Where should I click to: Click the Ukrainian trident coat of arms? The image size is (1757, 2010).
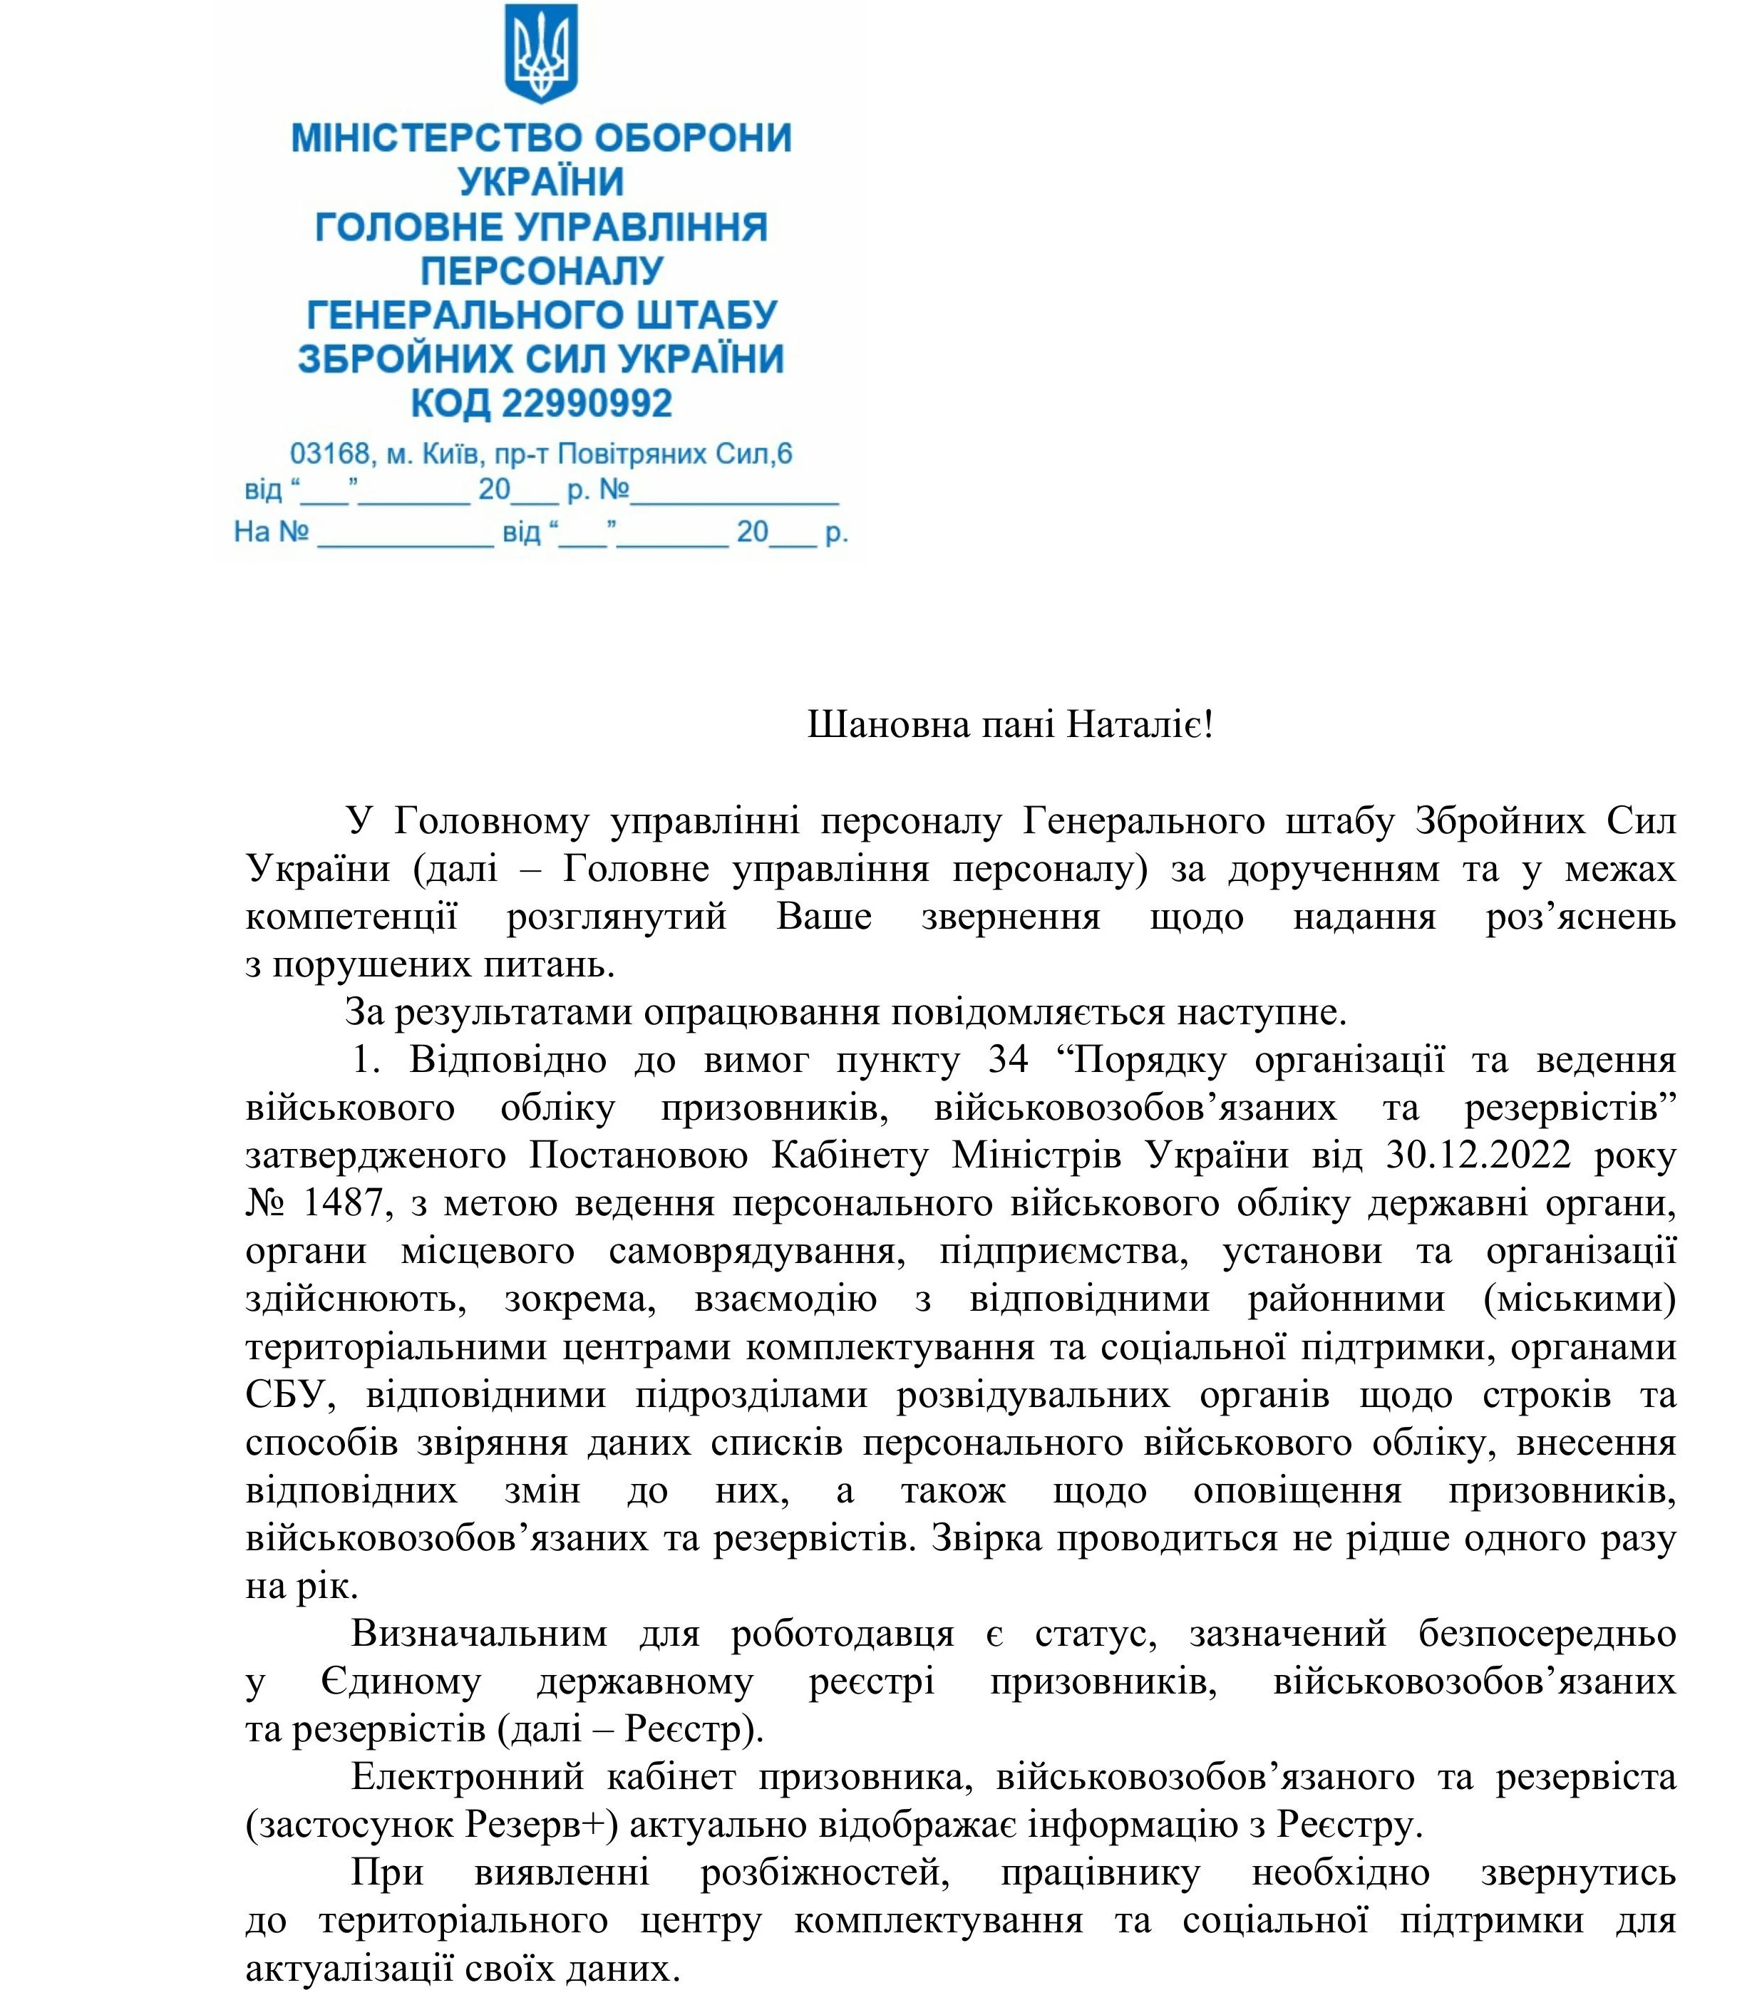540,54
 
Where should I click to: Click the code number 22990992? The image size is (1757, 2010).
587,403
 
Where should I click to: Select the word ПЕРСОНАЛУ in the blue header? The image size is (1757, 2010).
542,271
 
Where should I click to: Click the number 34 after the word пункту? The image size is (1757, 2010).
1007,1060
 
